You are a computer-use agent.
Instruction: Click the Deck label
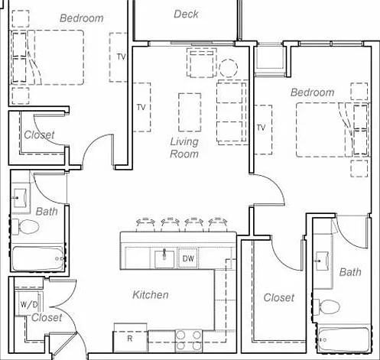point(186,14)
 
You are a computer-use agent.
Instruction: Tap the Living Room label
point(184,148)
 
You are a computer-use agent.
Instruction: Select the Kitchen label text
point(151,295)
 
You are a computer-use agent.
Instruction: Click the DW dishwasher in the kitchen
point(188,258)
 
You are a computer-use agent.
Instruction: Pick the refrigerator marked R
point(130,338)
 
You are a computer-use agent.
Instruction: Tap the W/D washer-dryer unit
point(28,304)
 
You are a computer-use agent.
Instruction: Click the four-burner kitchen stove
point(189,340)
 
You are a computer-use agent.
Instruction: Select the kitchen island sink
point(164,258)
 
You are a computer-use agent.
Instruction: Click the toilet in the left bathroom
point(25,226)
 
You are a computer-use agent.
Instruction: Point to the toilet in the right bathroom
point(326,307)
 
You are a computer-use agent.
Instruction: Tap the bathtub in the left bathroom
point(37,258)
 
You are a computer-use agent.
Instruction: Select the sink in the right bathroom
point(322,261)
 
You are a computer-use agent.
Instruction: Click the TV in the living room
point(141,107)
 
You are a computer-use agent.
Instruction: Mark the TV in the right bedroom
point(263,130)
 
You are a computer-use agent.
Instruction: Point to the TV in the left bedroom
point(119,57)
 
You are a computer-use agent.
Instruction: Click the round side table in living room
point(228,68)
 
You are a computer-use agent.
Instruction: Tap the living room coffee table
point(190,112)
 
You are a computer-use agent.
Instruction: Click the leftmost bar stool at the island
point(145,223)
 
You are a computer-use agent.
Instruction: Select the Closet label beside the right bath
point(279,297)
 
